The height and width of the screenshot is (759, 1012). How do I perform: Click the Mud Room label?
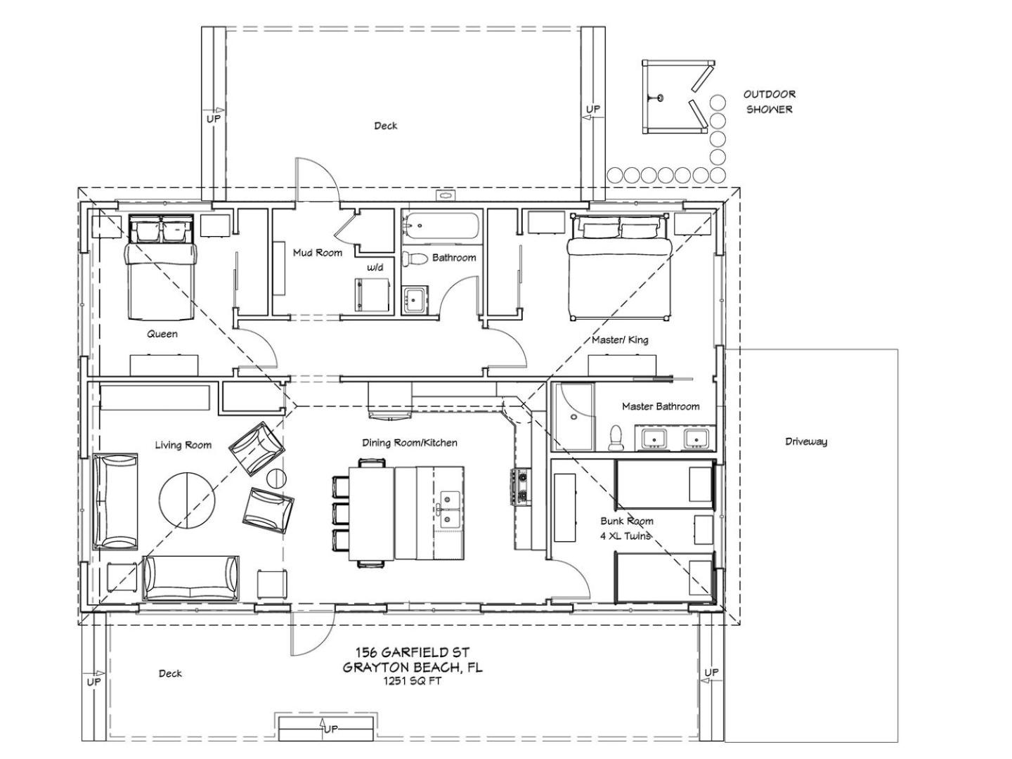[x=317, y=252]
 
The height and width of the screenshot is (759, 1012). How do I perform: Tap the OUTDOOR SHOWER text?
[x=769, y=102]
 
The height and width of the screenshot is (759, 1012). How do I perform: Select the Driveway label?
[x=806, y=441]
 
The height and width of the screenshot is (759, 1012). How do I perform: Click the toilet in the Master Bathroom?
[x=615, y=437]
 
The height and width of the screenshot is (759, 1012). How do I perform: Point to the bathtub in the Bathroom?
[x=440, y=226]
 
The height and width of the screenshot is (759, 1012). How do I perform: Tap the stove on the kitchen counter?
[x=521, y=486]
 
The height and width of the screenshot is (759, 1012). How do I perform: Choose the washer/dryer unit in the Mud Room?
[x=372, y=294]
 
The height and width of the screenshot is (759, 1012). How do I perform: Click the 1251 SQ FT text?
[x=412, y=681]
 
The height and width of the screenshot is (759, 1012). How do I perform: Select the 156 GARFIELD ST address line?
[x=412, y=653]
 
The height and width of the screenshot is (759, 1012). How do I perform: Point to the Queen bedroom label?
[x=162, y=334]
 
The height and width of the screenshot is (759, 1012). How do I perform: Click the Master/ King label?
[x=620, y=339]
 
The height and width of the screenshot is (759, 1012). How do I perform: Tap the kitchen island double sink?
[x=448, y=510]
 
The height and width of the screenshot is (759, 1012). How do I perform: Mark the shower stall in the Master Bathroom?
[x=574, y=416]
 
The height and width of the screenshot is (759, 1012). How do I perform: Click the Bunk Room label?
[x=626, y=521]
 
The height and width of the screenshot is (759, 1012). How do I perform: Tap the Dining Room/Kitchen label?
[x=410, y=443]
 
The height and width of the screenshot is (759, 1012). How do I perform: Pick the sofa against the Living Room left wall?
[x=115, y=501]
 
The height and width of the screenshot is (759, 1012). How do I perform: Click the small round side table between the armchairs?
[x=277, y=479]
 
